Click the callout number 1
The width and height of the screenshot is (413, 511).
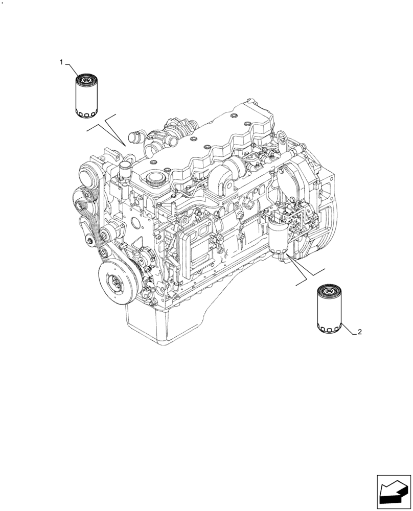(x=61, y=62)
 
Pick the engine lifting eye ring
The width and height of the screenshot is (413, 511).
(x=281, y=136)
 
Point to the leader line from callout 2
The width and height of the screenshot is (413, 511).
(x=348, y=330)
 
